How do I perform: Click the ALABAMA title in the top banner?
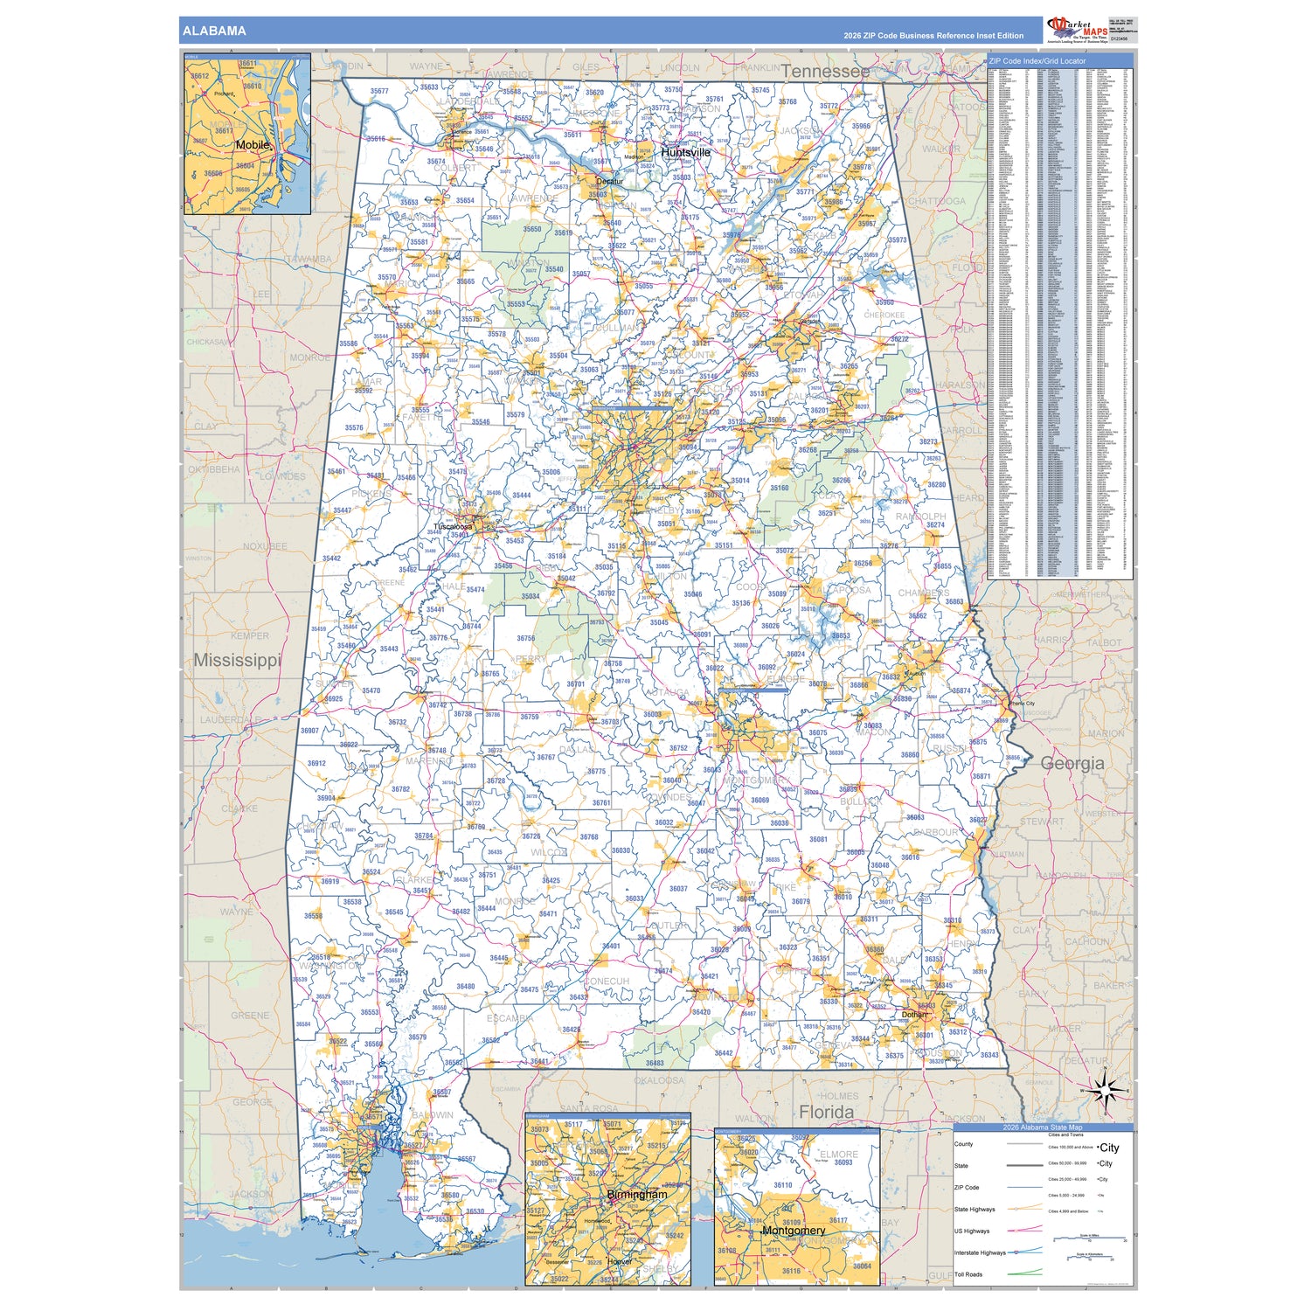point(214,31)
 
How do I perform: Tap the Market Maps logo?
point(1078,29)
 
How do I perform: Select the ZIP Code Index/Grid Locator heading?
point(1037,61)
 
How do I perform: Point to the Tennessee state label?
point(825,71)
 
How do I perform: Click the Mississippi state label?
point(237,660)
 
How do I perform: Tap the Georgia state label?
point(1072,763)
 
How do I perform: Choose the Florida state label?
point(827,1112)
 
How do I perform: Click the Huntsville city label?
point(686,152)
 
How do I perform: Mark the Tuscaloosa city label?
point(453,527)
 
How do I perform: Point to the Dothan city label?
point(914,1015)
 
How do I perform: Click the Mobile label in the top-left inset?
point(253,145)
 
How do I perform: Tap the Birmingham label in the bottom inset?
point(637,1194)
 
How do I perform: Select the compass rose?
point(1106,1092)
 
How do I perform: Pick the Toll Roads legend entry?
point(968,1274)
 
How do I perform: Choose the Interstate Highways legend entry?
point(980,1252)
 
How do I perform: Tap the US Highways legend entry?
point(972,1231)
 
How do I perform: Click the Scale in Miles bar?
point(1089,1239)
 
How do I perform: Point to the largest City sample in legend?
point(1109,1148)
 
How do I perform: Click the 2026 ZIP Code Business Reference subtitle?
point(933,36)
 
